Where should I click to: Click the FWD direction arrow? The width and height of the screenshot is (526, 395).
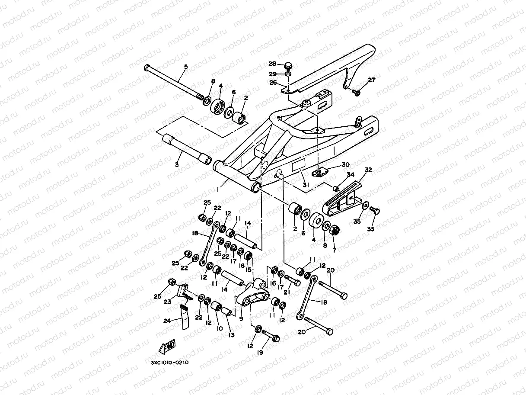[167, 347]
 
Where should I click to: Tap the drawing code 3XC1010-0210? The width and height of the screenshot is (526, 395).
[170, 363]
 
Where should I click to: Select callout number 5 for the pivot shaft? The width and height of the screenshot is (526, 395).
[186, 67]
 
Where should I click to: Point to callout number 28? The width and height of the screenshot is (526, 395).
[272, 64]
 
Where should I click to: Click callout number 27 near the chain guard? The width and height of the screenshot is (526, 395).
[371, 80]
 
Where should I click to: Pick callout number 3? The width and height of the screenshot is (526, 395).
[177, 164]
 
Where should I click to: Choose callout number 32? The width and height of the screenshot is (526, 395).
[368, 170]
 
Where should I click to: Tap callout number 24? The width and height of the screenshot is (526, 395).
[167, 321]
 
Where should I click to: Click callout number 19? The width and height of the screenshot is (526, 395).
[260, 352]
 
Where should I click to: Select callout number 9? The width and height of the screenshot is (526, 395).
[241, 319]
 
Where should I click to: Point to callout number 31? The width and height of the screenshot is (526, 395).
[305, 185]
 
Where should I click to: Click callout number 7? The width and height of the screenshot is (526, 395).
[334, 250]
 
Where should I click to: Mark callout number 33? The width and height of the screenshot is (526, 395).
[370, 229]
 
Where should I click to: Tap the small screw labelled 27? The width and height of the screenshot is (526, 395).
[356, 92]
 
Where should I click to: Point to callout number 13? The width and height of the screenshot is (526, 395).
[231, 334]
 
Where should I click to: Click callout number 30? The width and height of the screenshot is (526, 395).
[345, 164]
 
